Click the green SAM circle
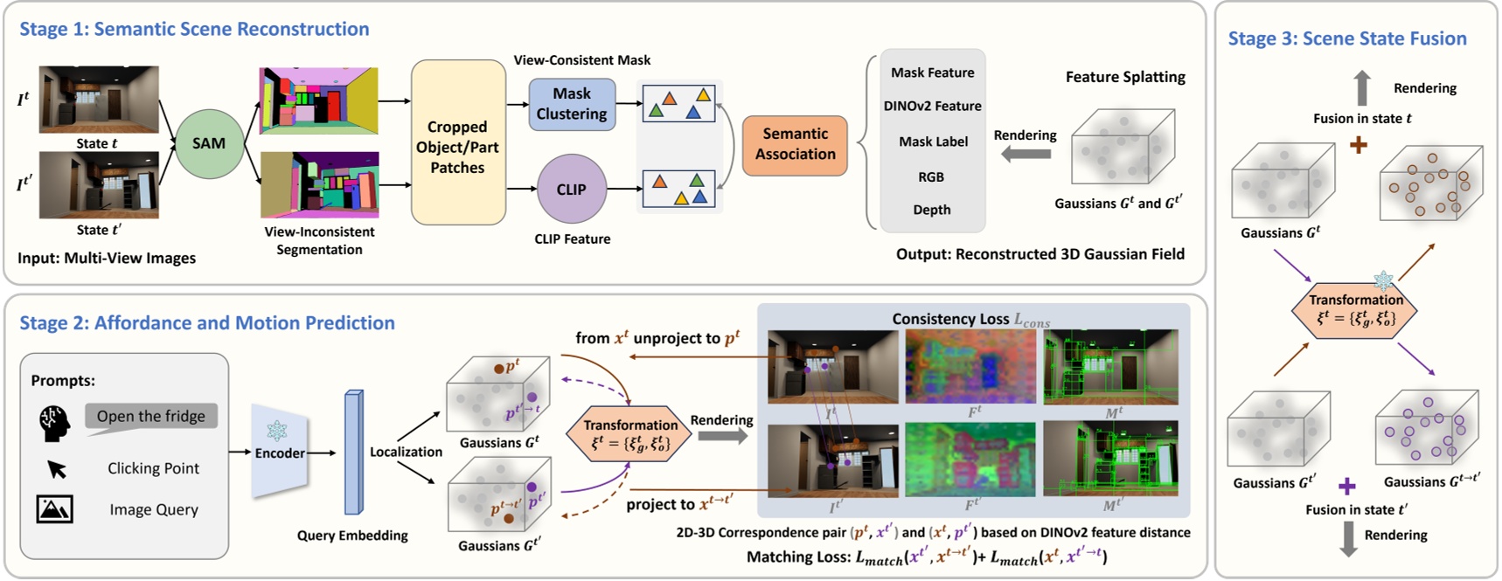click(x=208, y=143)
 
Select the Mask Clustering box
click(x=572, y=104)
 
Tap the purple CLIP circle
click(x=571, y=189)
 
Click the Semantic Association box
click(x=795, y=144)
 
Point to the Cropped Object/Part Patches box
click(x=457, y=146)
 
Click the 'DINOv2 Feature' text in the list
click(x=932, y=106)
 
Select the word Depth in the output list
click(x=932, y=210)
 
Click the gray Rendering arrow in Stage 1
click(x=1026, y=155)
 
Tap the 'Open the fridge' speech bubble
click(x=150, y=417)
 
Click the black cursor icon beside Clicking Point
click(x=57, y=469)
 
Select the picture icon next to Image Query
click(x=54, y=509)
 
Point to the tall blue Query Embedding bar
click(x=353, y=453)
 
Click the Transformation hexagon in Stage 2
click(x=630, y=434)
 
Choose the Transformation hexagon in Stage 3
click(x=1354, y=310)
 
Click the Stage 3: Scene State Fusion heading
click(x=1346, y=38)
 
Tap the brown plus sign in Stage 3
click(x=1358, y=145)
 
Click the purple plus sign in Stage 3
click(x=1347, y=486)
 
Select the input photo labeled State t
click(x=99, y=99)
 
